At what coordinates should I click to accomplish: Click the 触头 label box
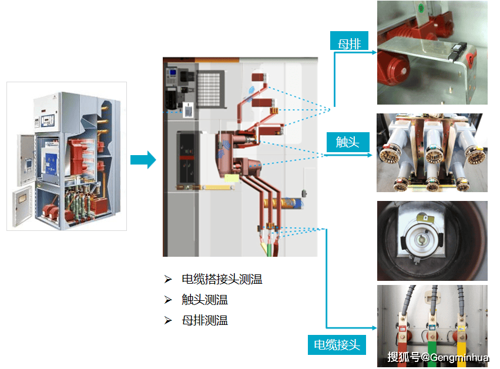pos(347,142)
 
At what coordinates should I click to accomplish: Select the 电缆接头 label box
pos(337,344)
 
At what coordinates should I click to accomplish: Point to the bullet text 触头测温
pos(204,300)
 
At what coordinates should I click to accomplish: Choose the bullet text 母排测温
pos(204,320)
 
